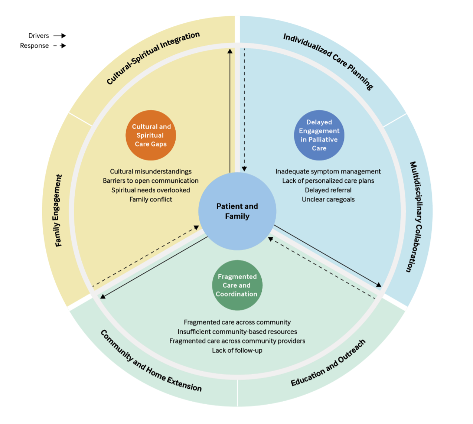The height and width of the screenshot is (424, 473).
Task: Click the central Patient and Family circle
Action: tap(237, 211)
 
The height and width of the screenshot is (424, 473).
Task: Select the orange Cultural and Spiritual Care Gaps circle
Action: tap(151, 135)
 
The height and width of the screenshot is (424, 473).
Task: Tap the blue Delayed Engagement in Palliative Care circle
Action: tap(319, 135)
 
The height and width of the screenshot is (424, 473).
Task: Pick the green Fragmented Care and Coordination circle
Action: tap(237, 285)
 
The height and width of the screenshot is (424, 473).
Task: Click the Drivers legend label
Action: tap(39, 36)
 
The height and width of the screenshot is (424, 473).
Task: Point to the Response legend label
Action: tap(34, 46)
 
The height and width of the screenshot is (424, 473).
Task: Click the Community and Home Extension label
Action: tap(151, 361)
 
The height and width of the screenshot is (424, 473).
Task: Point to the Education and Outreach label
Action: tap(328, 363)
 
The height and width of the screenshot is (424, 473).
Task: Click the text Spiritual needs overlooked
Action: tap(151, 190)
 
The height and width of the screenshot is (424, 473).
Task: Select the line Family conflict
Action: tap(151, 199)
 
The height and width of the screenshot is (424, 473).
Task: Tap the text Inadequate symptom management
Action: tap(328, 172)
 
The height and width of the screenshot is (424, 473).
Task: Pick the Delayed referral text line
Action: tap(328, 190)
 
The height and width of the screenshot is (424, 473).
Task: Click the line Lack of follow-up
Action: tap(237, 350)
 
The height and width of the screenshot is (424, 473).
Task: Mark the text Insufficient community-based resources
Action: tap(237, 332)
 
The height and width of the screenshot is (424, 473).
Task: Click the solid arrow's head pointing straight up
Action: tap(230, 51)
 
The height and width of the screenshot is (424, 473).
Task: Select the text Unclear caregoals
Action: tap(328, 199)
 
